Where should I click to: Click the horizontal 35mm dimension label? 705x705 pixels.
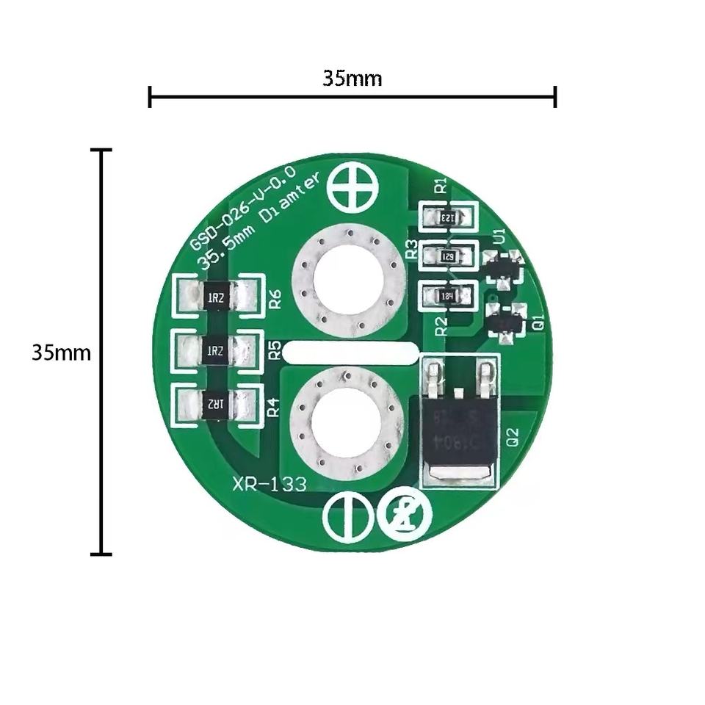(352, 79)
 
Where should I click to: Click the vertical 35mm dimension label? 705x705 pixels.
(61, 352)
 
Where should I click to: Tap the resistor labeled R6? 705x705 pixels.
(217, 297)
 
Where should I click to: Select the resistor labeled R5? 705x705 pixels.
(217, 350)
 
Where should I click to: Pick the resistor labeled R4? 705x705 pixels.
(216, 404)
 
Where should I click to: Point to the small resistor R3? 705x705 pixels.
(448, 256)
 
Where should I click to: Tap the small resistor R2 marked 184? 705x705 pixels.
(448, 296)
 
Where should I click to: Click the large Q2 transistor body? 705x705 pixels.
(459, 433)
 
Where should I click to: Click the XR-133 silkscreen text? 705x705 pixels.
(270, 485)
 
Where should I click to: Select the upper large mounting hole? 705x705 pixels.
(347, 281)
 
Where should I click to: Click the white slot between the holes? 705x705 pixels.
(350, 353)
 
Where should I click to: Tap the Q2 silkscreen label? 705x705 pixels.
(513, 438)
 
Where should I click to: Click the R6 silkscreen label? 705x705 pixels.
(275, 299)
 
